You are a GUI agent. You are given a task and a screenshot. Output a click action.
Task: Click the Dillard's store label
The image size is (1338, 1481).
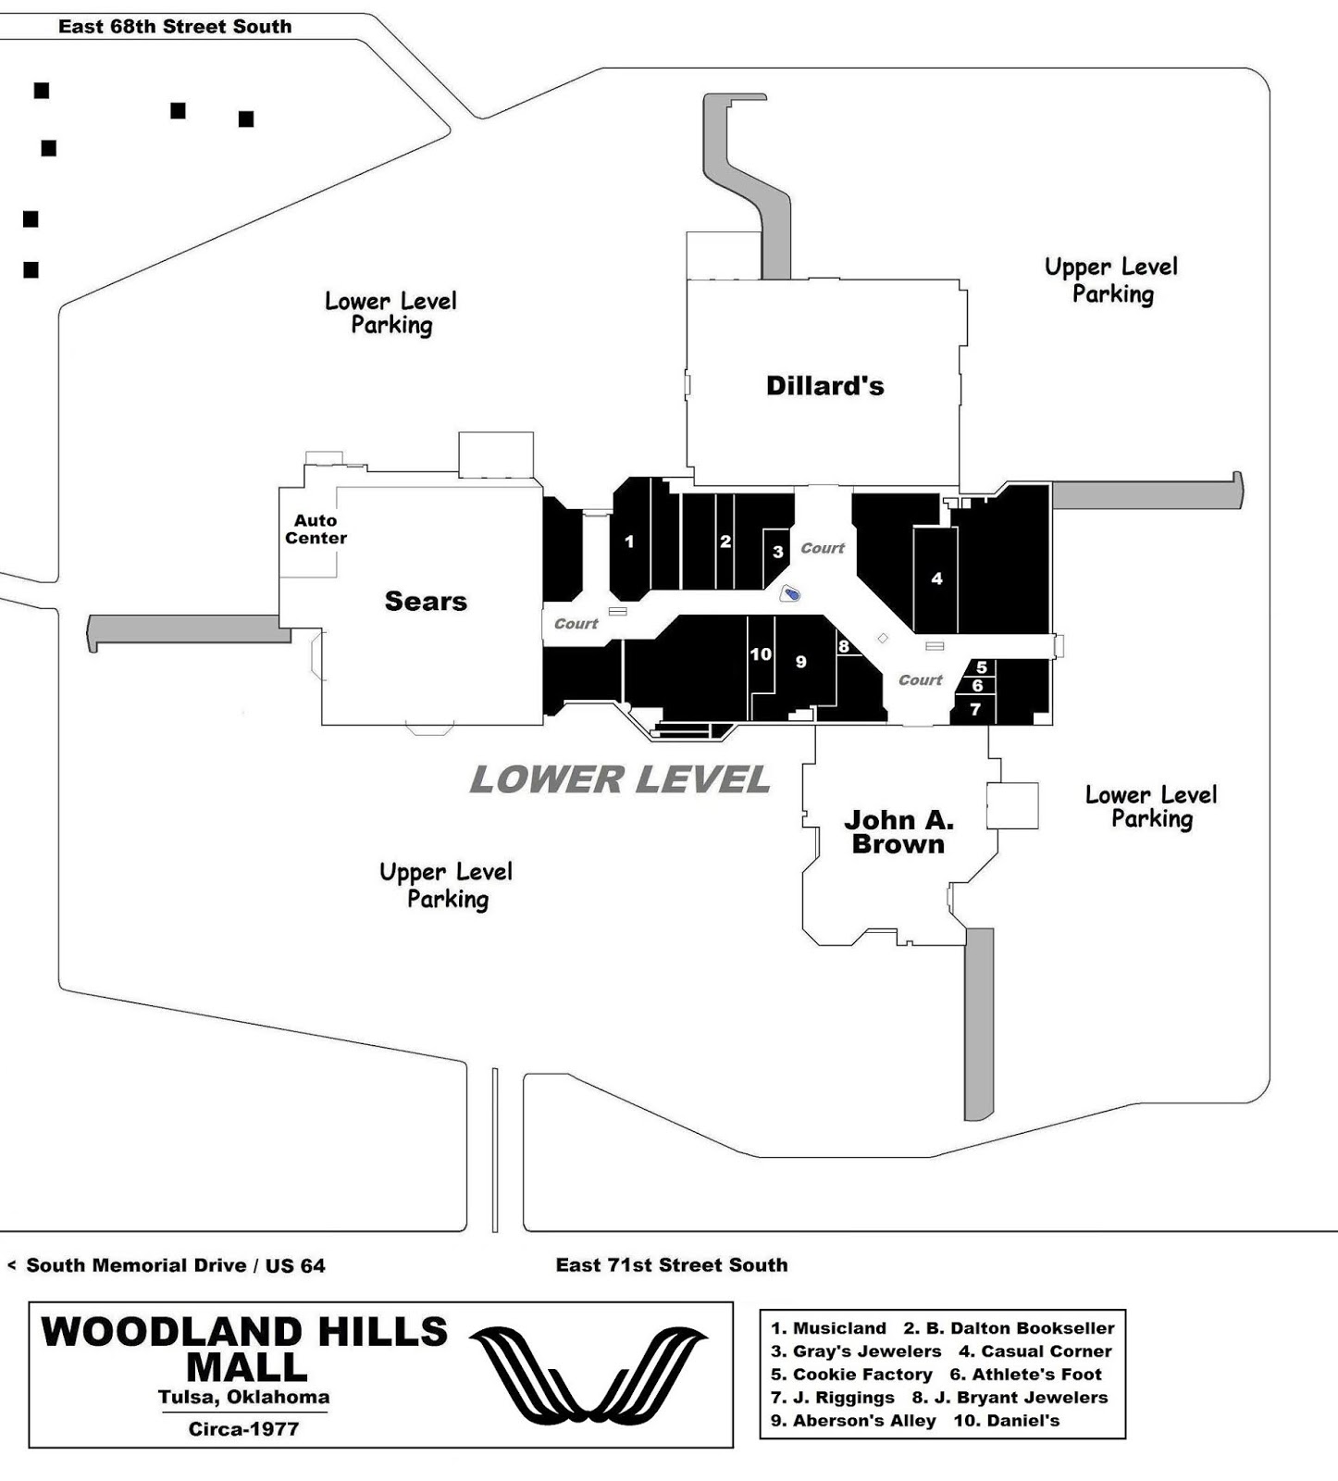tap(824, 386)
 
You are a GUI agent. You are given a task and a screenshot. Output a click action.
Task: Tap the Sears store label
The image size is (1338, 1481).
tap(426, 602)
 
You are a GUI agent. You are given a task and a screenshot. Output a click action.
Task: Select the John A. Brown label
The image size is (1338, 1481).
tap(898, 832)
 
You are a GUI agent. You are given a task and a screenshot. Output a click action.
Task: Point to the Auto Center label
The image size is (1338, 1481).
tap(316, 529)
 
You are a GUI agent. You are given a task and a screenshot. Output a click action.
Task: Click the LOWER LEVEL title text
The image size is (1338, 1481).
tap(619, 779)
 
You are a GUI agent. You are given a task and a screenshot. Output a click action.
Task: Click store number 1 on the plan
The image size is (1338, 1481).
tap(629, 541)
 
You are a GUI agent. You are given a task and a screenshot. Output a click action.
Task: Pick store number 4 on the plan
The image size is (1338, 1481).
tap(936, 579)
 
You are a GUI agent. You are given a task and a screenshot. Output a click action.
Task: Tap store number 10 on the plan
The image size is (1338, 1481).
tap(761, 654)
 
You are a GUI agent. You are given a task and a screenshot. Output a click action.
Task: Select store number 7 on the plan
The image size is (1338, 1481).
tap(975, 710)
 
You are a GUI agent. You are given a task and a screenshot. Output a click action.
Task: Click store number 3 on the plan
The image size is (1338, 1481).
tap(778, 552)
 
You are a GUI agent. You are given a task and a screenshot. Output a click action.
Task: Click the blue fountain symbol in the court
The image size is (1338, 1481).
tap(790, 593)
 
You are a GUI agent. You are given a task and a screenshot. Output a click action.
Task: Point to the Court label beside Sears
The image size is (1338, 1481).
tap(576, 624)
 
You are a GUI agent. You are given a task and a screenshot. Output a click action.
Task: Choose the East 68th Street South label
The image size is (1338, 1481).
tap(175, 27)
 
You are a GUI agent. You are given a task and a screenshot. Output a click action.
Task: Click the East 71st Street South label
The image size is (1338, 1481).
tap(672, 1265)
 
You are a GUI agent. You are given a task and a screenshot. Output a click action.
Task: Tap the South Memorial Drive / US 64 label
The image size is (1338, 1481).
tap(175, 1266)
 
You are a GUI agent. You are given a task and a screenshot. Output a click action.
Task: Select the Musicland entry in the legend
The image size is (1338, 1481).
tap(829, 1328)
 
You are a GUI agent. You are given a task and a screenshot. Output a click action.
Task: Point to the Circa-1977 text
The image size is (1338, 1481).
tap(243, 1429)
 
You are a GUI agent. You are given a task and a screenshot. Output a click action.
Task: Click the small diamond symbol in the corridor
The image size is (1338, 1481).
tap(883, 638)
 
